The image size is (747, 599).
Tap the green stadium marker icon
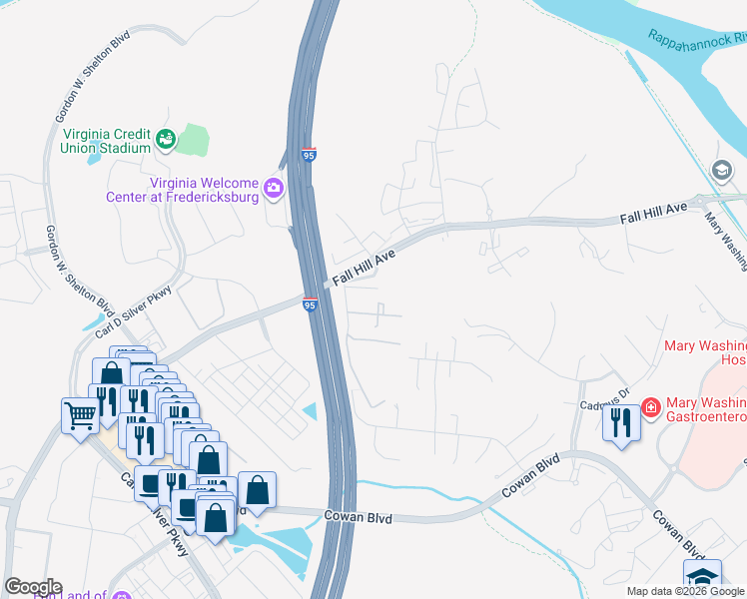(x=165, y=139)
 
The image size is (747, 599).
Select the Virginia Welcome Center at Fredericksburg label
(x=182, y=190)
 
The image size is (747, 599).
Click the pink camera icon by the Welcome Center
(x=273, y=187)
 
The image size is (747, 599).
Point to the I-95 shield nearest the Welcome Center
(x=309, y=156)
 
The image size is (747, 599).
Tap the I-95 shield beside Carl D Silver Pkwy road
(x=310, y=303)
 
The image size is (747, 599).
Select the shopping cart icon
(x=79, y=414)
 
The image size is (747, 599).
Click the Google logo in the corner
(x=32, y=587)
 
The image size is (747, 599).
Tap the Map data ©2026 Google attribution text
(x=686, y=591)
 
